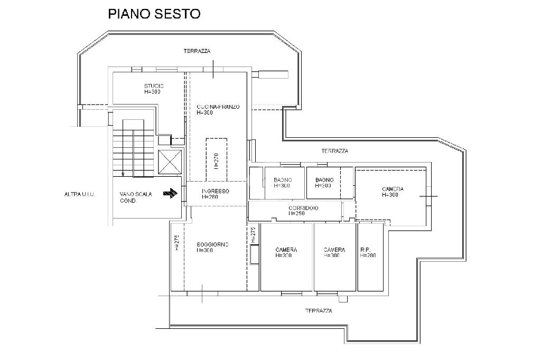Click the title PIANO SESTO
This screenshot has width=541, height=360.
[154, 14]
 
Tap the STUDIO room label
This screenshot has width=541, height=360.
[154, 86]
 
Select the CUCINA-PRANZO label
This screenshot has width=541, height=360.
[218, 107]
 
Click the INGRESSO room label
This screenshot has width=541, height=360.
[215, 191]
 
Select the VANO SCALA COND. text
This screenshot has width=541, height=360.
[136, 197]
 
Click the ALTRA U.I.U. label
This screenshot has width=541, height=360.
[79, 194]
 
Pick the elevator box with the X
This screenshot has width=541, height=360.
[170, 161]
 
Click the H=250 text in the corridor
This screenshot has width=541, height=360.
[297, 214]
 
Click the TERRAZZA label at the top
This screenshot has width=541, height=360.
[197, 51]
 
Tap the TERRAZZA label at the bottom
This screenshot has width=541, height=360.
[319, 311]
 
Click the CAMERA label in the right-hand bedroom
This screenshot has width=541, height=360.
[393, 189]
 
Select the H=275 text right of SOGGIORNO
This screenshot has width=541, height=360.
[253, 235]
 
